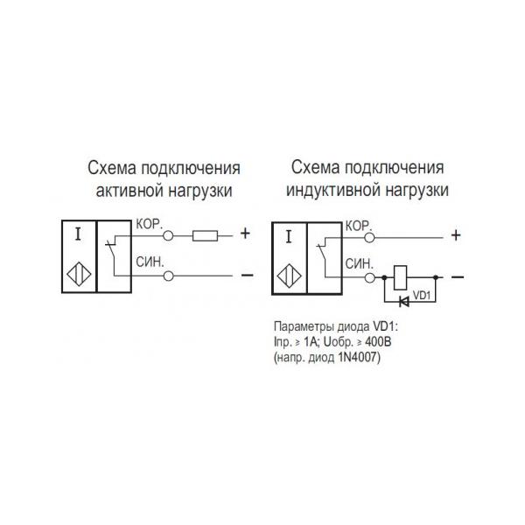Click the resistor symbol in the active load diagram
pyautogui.click(x=205, y=234)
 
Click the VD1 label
pyautogui.click(x=423, y=295)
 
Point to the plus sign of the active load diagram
pyautogui.click(x=245, y=234)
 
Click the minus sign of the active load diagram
pyautogui.click(x=246, y=276)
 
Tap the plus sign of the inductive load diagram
pyautogui.click(x=455, y=234)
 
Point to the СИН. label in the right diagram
pyautogui.click(x=360, y=263)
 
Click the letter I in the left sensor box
pyautogui.click(x=80, y=234)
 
